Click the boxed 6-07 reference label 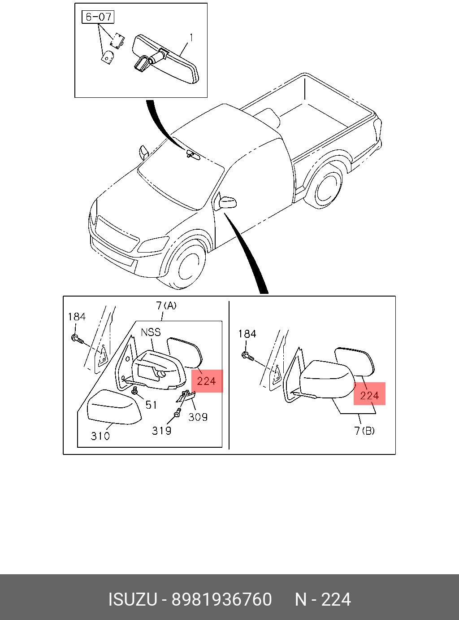click(x=98, y=17)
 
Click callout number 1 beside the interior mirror click(x=191, y=38)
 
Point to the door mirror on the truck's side click(x=227, y=202)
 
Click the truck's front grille click(x=116, y=234)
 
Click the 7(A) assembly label click(x=166, y=306)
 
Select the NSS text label click(x=151, y=332)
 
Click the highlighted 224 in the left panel click(x=207, y=381)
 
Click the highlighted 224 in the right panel click(x=369, y=395)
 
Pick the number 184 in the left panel click(x=77, y=317)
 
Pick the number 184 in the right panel click(x=247, y=334)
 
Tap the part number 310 click(x=100, y=436)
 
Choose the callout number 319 click(x=162, y=431)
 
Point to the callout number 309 click(x=198, y=417)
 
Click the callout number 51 click(x=151, y=405)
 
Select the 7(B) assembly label click(x=364, y=431)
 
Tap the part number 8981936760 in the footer click(x=222, y=599)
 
